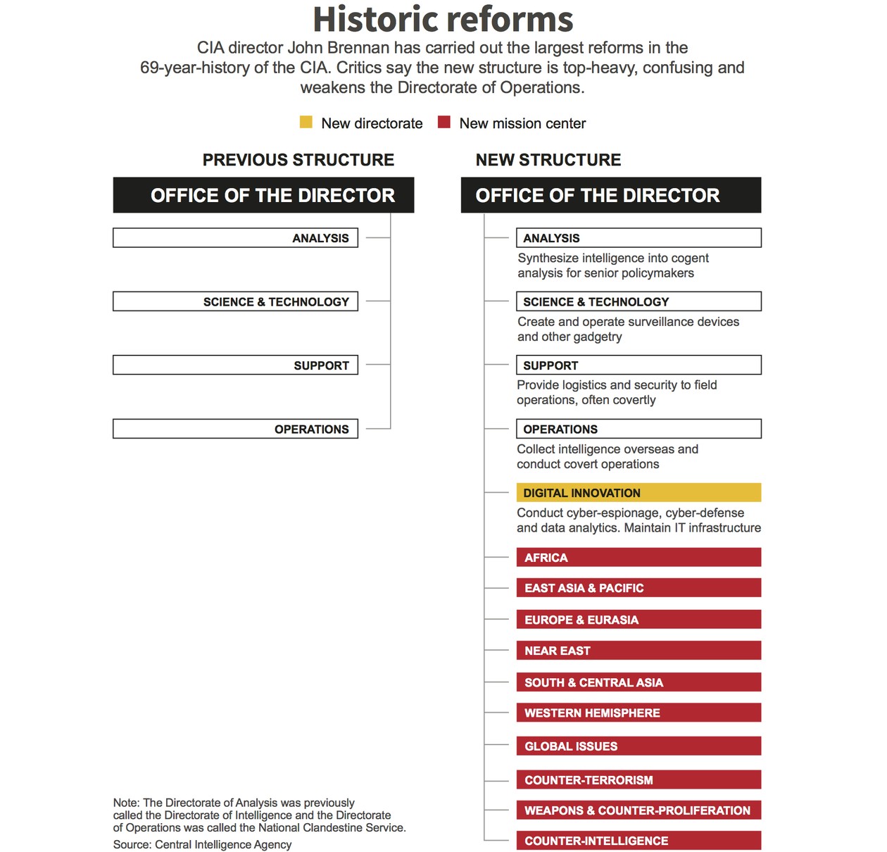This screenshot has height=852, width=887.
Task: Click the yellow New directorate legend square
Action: coord(306,123)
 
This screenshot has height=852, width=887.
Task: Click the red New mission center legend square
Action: coord(444,123)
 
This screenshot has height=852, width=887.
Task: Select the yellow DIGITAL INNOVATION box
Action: coord(638,493)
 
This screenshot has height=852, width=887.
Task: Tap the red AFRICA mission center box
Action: coord(638,558)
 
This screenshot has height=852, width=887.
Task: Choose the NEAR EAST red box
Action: coord(638,651)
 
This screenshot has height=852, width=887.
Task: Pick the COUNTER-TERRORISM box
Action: coord(638,779)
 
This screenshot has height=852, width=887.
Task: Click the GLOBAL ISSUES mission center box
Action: coord(638,746)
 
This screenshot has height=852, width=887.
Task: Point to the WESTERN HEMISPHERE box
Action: coord(638,713)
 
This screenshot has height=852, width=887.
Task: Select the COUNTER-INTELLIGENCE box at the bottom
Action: coord(638,841)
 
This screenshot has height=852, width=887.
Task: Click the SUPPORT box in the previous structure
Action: coord(235,365)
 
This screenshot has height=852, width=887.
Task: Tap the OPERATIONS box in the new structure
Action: coord(638,429)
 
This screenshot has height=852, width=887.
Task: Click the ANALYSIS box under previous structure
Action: coord(235,238)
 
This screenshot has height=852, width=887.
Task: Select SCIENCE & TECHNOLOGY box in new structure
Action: coord(638,301)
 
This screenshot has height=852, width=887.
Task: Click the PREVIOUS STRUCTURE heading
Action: coord(298,160)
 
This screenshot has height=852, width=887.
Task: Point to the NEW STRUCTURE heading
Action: coord(548,160)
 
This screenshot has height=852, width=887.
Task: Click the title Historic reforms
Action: coord(443,20)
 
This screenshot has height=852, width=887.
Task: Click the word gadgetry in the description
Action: coord(597,337)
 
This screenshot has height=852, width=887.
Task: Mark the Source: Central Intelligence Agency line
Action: coord(202,844)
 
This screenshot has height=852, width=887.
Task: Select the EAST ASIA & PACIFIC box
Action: coord(638,588)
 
